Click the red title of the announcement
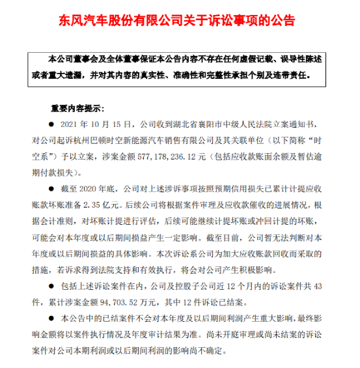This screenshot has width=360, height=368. coord(180,20)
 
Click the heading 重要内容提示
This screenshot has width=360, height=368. coord(77,107)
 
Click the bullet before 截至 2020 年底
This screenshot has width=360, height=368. coord(53,187)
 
